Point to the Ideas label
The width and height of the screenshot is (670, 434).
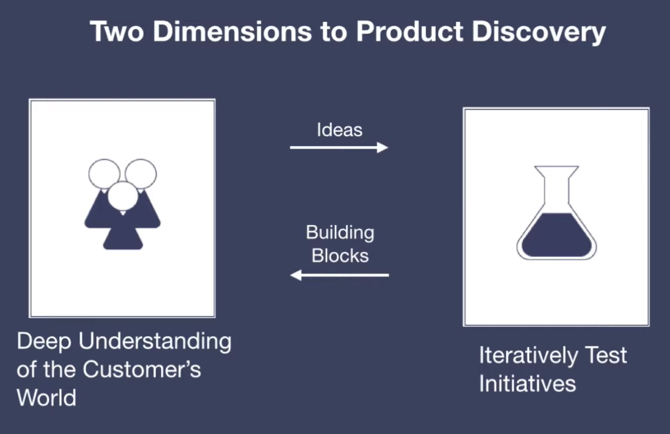click(x=340, y=130)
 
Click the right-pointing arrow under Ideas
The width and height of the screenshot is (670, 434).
click(x=339, y=148)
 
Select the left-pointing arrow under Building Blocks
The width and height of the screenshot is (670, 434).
click(x=339, y=275)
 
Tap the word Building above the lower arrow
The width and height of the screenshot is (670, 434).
click(x=340, y=232)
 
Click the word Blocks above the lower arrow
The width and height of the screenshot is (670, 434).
click(x=340, y=255)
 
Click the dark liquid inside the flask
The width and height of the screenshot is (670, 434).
click(x=556, y=235)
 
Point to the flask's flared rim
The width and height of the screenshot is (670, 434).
click(x=556, y=168)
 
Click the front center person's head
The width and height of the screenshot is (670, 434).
click(x=123, y=195)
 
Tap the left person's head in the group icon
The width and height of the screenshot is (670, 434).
click(x=104, y=172)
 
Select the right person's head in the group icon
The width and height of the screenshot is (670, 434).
click(x=141, y=172)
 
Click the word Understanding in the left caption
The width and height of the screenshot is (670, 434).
click(x=155, y=342)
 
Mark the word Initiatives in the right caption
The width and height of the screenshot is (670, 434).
click(x=527, y=383)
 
